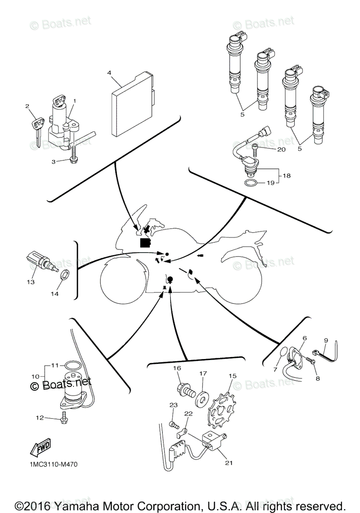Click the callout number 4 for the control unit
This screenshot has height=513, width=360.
coord(109,73)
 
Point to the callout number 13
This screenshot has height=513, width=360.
coord(30,282)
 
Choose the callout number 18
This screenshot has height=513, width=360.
coord(286,176)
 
